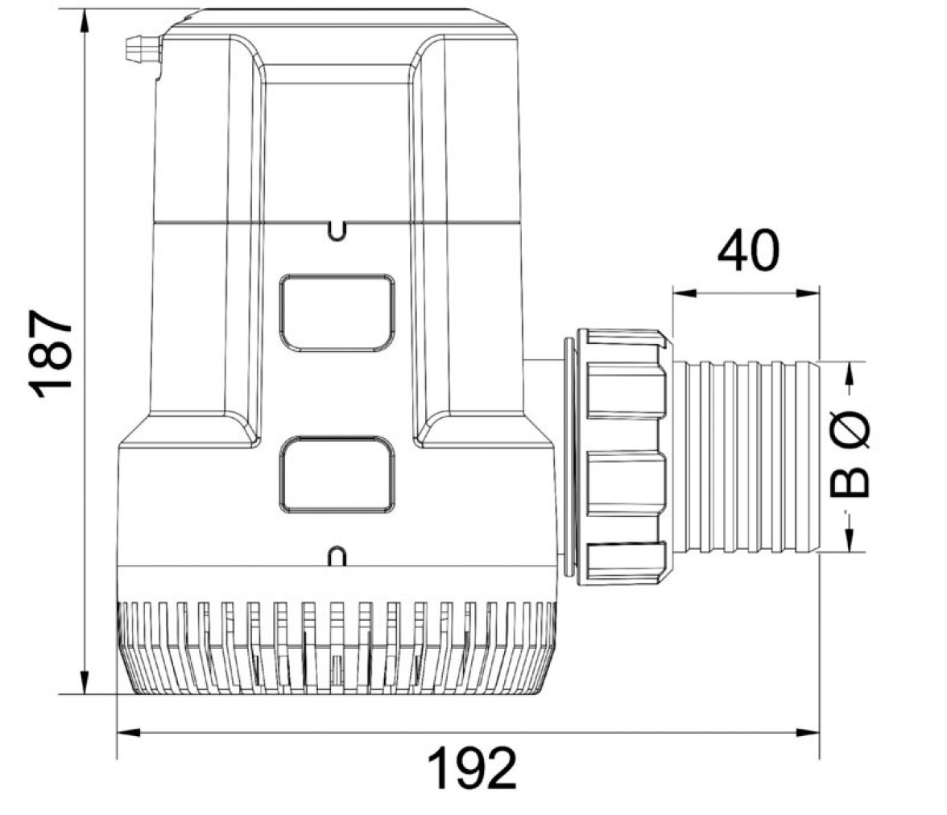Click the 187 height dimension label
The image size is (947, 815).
(x=51, y=354)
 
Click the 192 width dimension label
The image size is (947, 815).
(x=472, y=767)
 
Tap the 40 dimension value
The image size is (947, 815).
(x=748, y=250)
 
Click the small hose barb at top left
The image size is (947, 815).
(x=143, y=49)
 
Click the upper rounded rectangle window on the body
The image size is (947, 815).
(x=337, y=312)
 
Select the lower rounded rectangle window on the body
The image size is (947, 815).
(x=337, y=475)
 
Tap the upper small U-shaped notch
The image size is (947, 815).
(x=337, y=230)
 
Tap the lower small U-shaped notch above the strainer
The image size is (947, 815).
(x=337, y=556)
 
